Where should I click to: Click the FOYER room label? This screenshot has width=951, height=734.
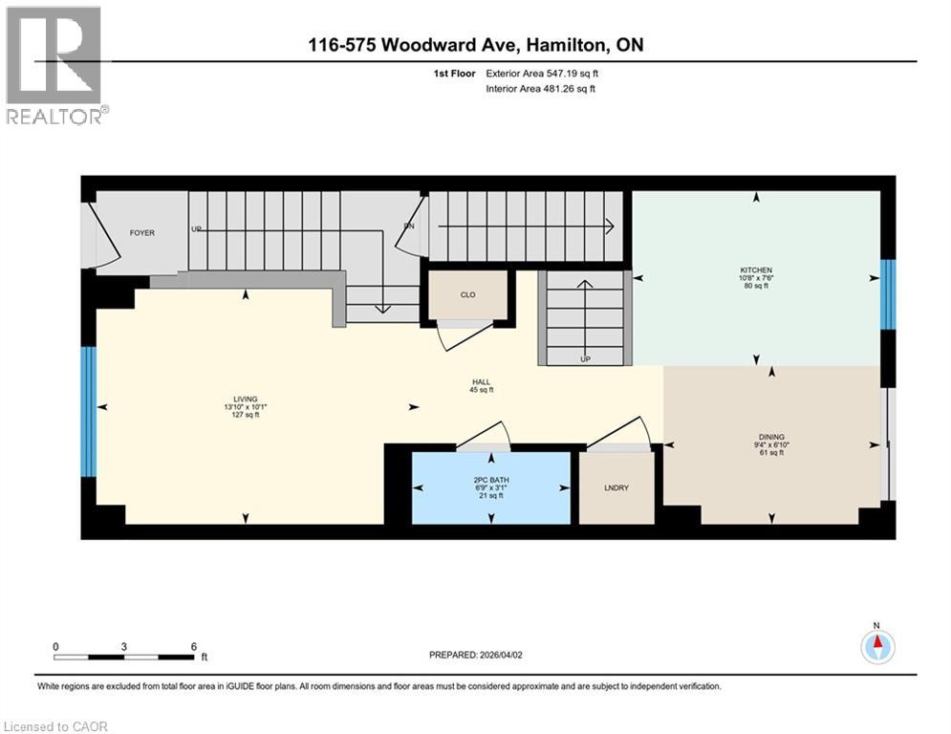[141, 233]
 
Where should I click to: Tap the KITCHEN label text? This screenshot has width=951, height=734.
[756, 270]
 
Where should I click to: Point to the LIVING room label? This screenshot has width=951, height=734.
[246, 399]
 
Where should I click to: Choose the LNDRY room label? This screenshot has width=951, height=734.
[616, 488]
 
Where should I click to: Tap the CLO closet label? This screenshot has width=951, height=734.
[468, 295]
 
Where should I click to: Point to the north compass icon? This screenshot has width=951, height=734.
[876, 646]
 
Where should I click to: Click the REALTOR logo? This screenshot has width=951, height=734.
[54, 65]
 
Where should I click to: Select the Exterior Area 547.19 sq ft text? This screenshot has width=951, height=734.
[542, 73]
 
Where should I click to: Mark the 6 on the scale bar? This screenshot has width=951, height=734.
[194, 646]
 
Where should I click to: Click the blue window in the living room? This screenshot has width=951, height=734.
[88, 411]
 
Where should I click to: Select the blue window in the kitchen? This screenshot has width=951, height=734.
[888, 294]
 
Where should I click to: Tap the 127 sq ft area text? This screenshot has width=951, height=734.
[246, 415]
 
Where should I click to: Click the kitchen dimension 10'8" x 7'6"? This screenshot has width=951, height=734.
[756, 278]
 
